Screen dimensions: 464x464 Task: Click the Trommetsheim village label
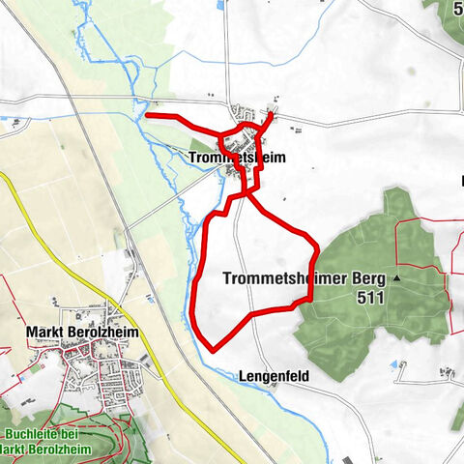[x=238, y=158]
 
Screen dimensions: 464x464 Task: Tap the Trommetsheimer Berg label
[x=304, y=278]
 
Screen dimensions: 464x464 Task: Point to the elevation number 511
[x=368, y=299]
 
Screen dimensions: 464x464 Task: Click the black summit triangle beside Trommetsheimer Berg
[x=395, y=278]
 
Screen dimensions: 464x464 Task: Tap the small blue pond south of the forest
[x=393, y=364]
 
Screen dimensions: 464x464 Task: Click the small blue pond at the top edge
[x=220, y=5]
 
